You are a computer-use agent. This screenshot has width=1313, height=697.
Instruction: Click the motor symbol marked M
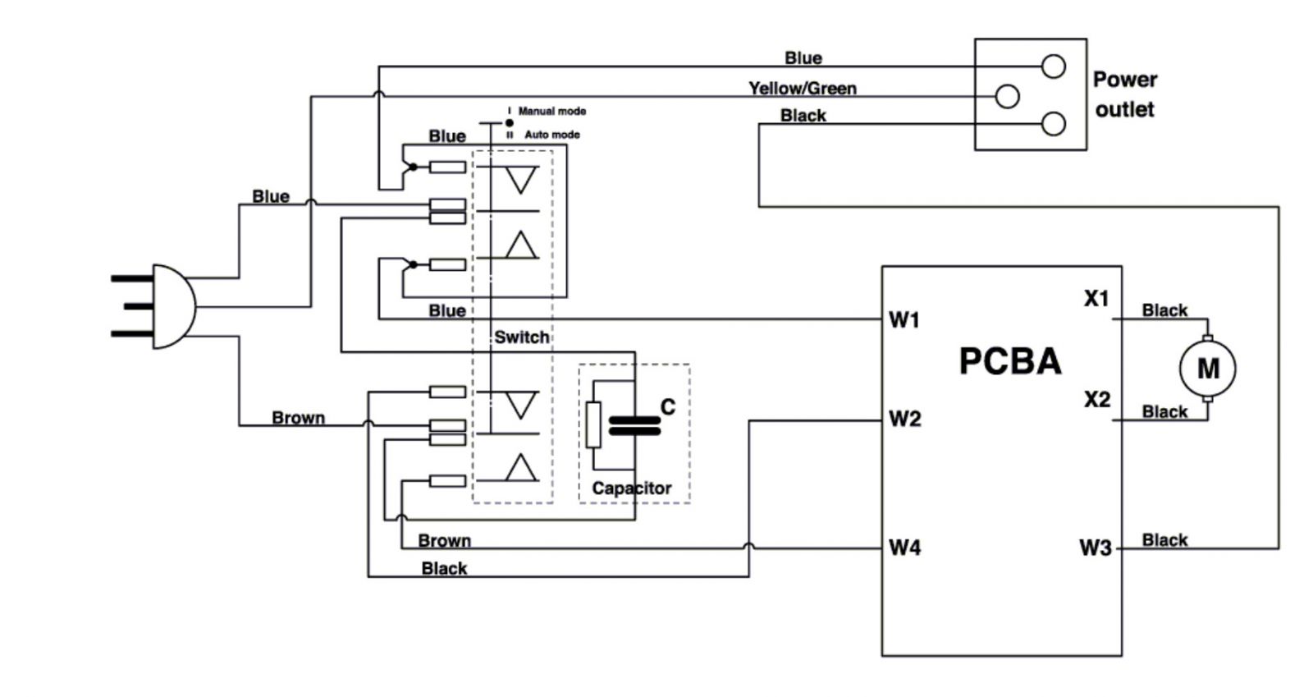(x=1206, y=369)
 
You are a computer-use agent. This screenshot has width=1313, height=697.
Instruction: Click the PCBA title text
(x=1009, y=361)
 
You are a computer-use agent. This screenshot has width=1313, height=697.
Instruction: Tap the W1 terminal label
(x=904, y=320)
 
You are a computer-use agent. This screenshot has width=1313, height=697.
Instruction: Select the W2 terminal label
(x=904, y=420)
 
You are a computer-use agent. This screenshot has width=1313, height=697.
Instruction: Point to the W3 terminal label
(x=1095, y=548)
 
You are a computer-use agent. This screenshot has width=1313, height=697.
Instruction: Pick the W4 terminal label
(x=904, y=548)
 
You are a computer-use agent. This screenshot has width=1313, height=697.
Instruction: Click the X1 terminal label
(x=1096, y=299)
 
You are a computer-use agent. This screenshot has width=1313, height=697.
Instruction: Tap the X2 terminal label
(x=1096, y=400)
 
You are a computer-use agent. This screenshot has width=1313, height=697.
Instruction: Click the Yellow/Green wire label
(x=802, y=88)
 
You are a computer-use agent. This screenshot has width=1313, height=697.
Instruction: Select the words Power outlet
(x=1124, y=94)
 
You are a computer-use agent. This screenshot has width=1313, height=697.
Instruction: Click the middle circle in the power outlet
(x=1007, y=96)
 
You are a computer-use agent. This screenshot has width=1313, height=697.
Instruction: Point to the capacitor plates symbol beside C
(x=634, y=425)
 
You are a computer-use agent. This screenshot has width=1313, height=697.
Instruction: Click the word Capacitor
(x=631, y=488)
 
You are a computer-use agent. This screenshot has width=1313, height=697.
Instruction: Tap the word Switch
(x=521, y=337)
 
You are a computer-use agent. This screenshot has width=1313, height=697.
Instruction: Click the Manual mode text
(x=551, y=111)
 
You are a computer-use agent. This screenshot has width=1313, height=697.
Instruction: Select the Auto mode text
(x=551, y=135)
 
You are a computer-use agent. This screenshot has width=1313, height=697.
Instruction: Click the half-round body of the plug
(x=173, y=306)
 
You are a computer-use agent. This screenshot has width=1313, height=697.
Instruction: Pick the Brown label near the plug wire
(x=298, y=418)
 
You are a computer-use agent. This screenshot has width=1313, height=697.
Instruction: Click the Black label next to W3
(x=1164, y=540)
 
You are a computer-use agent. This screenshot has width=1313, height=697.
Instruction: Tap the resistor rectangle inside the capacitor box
(x=593, y=425)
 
